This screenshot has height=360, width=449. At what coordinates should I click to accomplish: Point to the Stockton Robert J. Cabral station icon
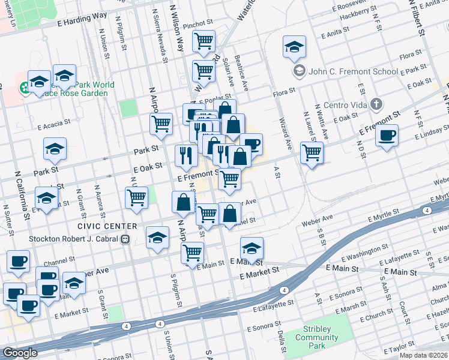[x=125, y=239]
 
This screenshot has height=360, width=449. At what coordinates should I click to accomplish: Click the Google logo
[x=20, y=353]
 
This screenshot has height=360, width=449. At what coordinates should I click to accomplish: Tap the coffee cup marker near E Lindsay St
[x=387, y=135]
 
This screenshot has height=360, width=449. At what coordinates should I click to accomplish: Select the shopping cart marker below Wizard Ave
[x=312, y=154]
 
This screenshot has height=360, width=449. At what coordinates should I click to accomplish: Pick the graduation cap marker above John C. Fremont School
[x=294, y=47]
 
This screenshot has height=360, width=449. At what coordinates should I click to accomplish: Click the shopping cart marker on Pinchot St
[x=204, y=41]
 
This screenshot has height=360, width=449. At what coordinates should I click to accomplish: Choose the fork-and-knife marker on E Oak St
[x=186, y=155]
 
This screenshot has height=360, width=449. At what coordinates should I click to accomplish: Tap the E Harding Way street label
[x=82, y=17]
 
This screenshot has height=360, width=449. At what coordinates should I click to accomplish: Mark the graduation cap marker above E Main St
[x=252, y=248]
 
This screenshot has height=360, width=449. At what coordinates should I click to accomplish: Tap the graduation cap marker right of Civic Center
[x=157, y=238]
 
